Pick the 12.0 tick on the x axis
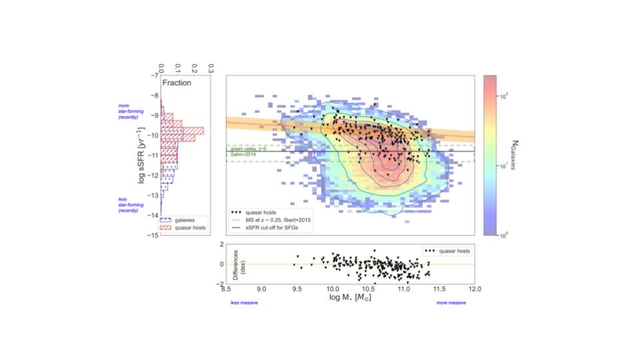[x=474, y=289]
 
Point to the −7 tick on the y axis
[x=154, y=75]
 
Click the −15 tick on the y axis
[x=153, y=235]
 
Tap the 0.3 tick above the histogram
[x=211, y=67]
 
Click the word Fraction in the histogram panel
[x=178, y=83]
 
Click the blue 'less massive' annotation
[x=244, y=303]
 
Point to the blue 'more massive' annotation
[x=451, y=303]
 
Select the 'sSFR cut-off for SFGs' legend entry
[x=273, y=228]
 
